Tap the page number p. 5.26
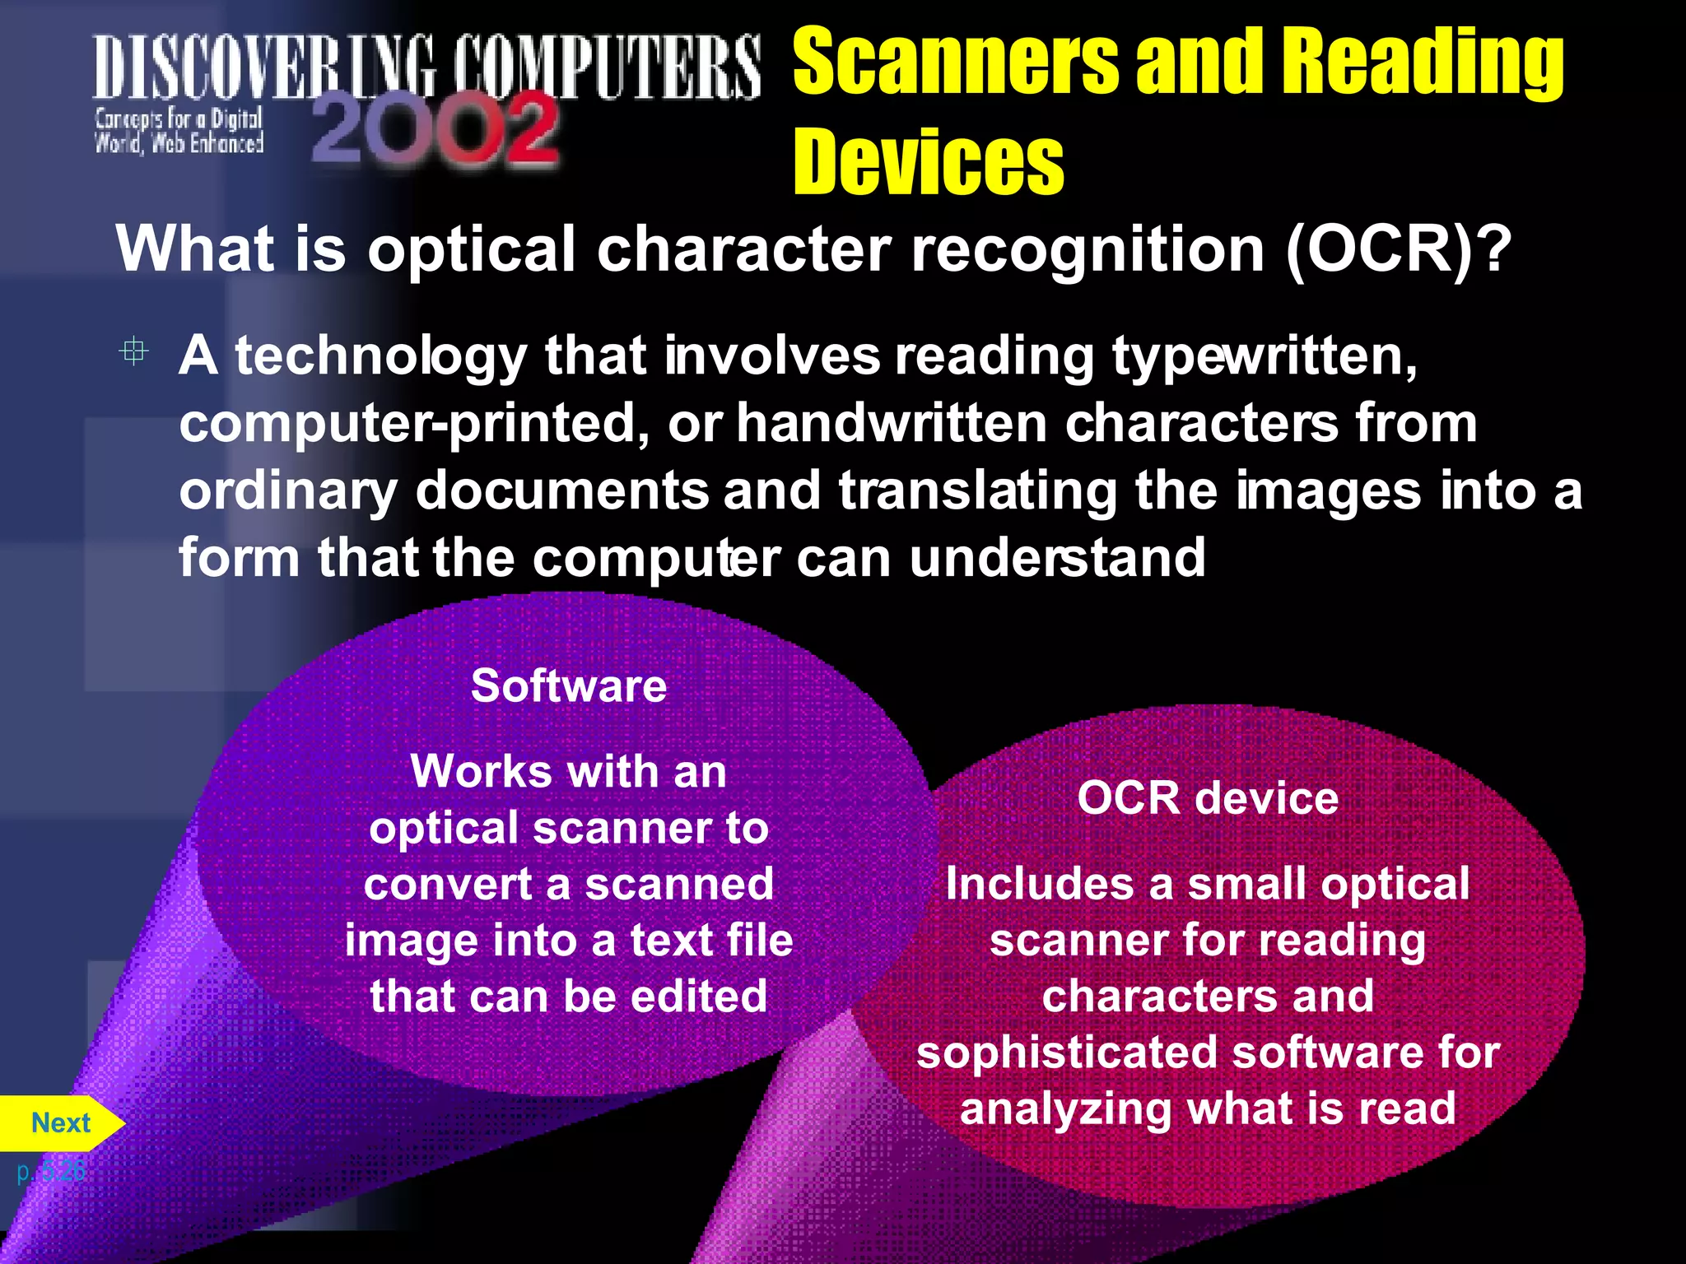pos(51,1171)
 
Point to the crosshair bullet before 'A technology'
pos(133,352)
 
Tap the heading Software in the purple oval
pos(569,685)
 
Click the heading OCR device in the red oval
pos(1208,798)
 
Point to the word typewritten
pos(1264,357)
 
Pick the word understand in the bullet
pos(1057,559)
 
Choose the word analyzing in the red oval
pos(1065,1108)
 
